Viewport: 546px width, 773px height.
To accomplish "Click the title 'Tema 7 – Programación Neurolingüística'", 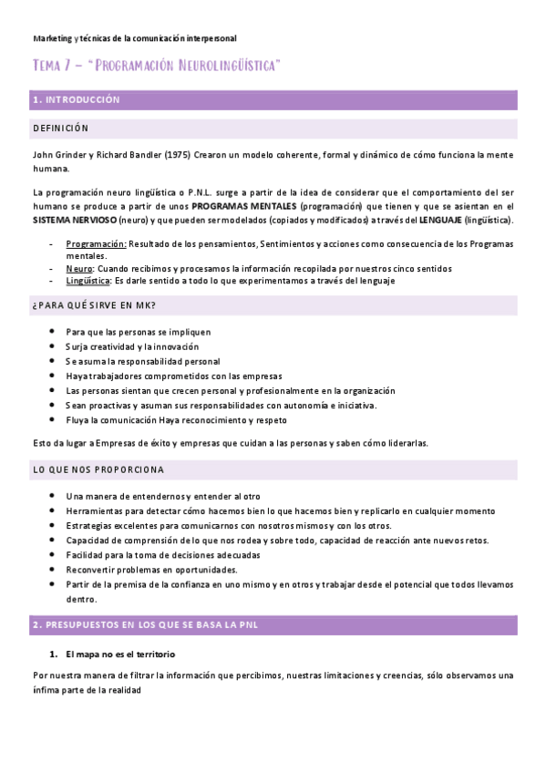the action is click(156, 67).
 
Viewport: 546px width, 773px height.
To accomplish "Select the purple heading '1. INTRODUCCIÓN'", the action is click(76, 99).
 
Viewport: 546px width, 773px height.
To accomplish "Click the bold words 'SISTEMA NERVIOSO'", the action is click(75, 221).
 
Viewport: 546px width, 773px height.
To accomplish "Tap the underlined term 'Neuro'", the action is click(78, 269).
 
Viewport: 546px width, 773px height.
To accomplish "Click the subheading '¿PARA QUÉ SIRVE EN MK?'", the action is click(87, 305).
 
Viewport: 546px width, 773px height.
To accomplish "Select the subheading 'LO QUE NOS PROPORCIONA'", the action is click(98, 470).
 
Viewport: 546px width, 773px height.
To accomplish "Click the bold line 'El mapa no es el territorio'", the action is click(120, 654).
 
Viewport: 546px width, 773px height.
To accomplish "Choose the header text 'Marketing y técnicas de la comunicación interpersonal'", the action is click(134, 38).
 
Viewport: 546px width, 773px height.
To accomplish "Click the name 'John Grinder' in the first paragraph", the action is click(59, 157).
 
